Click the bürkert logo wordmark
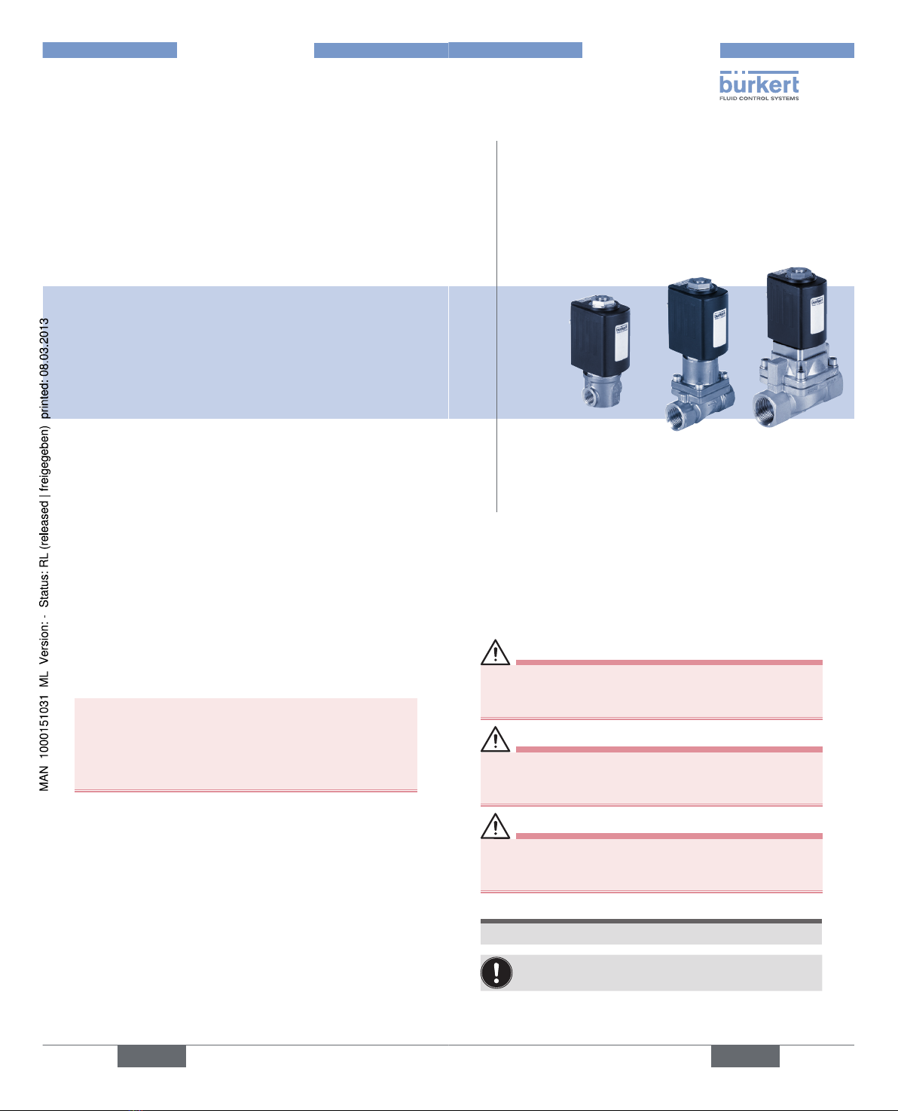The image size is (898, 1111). (759, 84)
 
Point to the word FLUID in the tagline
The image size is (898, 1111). (728, 98)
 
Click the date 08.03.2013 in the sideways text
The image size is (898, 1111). (44, 347)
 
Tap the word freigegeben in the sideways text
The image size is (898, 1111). (45, 459)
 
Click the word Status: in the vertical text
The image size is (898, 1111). (44, 589)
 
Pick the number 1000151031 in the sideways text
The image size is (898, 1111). (44, 727)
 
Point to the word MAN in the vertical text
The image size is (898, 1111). (44, 778)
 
